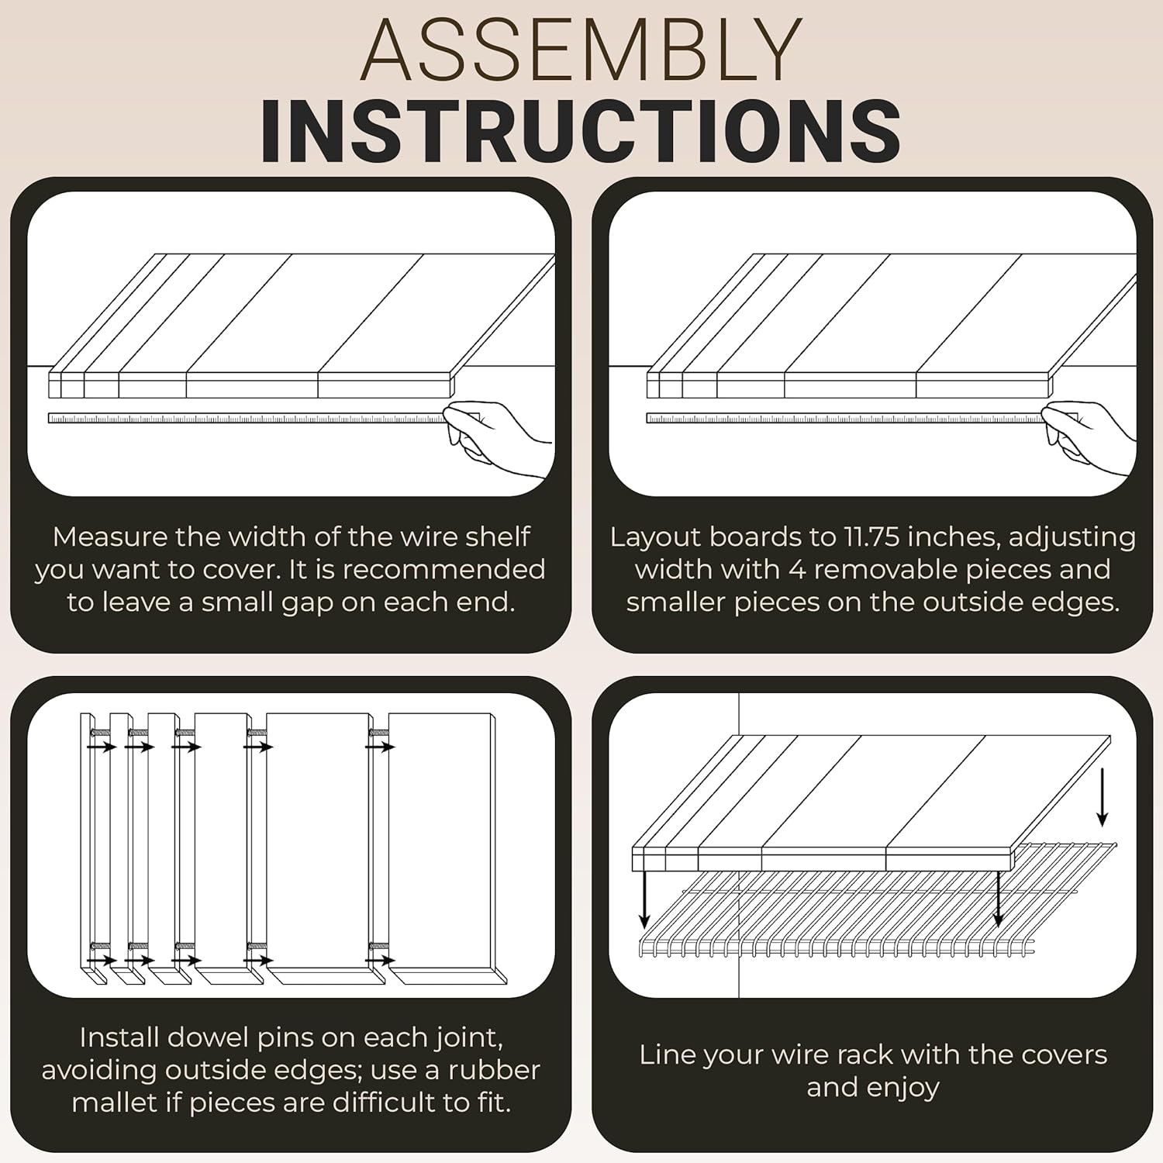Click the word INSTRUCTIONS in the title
(x=581, y=131)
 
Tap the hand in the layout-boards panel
(x=1089, y=438)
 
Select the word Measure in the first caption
(x=110, y=537)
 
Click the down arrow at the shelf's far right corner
(x=1102, y=796)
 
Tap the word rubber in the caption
(x=494, y=1070)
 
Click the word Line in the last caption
(x=665, y=1054)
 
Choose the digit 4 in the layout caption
(x=797, y=569)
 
